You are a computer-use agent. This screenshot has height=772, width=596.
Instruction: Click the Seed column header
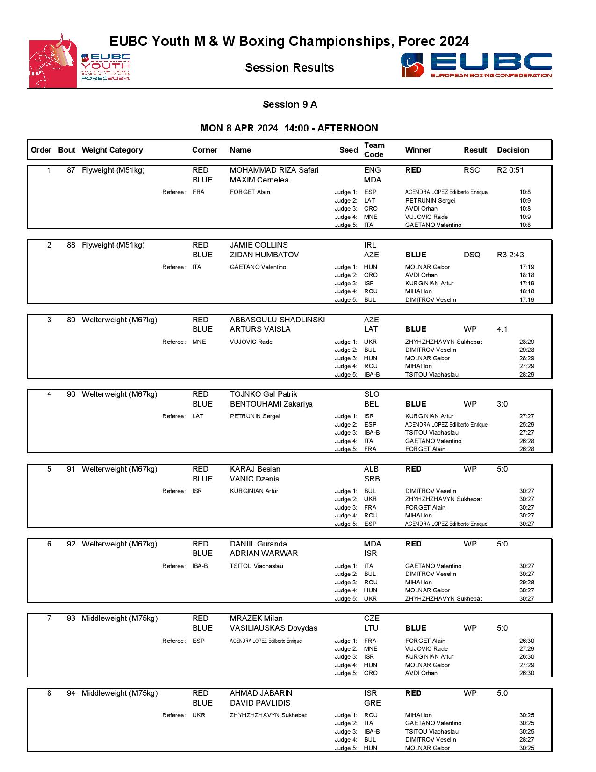point(348,150)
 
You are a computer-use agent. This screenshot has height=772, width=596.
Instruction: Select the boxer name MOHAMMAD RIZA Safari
point(274,170)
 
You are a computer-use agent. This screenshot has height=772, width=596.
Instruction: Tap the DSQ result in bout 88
point(472,255)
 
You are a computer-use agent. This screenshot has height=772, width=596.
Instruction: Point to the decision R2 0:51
point(510,170)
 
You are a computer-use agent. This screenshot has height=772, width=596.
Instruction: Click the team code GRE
point(372,703)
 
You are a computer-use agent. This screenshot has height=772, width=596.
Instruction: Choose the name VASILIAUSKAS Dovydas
point(273,628)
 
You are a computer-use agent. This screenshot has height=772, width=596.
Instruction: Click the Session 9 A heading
point(290,104)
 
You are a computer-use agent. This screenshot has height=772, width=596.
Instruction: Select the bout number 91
point(71,469)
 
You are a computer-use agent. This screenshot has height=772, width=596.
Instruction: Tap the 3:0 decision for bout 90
point(502,404)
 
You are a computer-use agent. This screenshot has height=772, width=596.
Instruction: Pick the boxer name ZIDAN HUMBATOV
point(264,255)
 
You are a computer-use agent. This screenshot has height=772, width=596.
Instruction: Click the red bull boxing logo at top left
point(53,61)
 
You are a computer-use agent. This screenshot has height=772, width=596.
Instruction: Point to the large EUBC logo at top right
point(476,65)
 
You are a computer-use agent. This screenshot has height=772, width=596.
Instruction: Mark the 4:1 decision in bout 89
point(502,329)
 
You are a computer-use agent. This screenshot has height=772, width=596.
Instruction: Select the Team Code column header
point(374,150)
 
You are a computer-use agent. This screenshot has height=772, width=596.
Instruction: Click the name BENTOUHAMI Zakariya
point(271,404)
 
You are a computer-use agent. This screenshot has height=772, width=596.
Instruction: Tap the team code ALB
point(371,469)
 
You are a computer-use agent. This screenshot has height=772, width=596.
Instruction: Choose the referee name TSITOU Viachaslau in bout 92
point(256,566)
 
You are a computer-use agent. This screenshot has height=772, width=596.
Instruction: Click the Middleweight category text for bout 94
point(119,693)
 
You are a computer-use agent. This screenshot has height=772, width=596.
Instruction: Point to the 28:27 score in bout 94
point(526,740)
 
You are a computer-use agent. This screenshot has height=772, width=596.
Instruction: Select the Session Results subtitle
point(289,68)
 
